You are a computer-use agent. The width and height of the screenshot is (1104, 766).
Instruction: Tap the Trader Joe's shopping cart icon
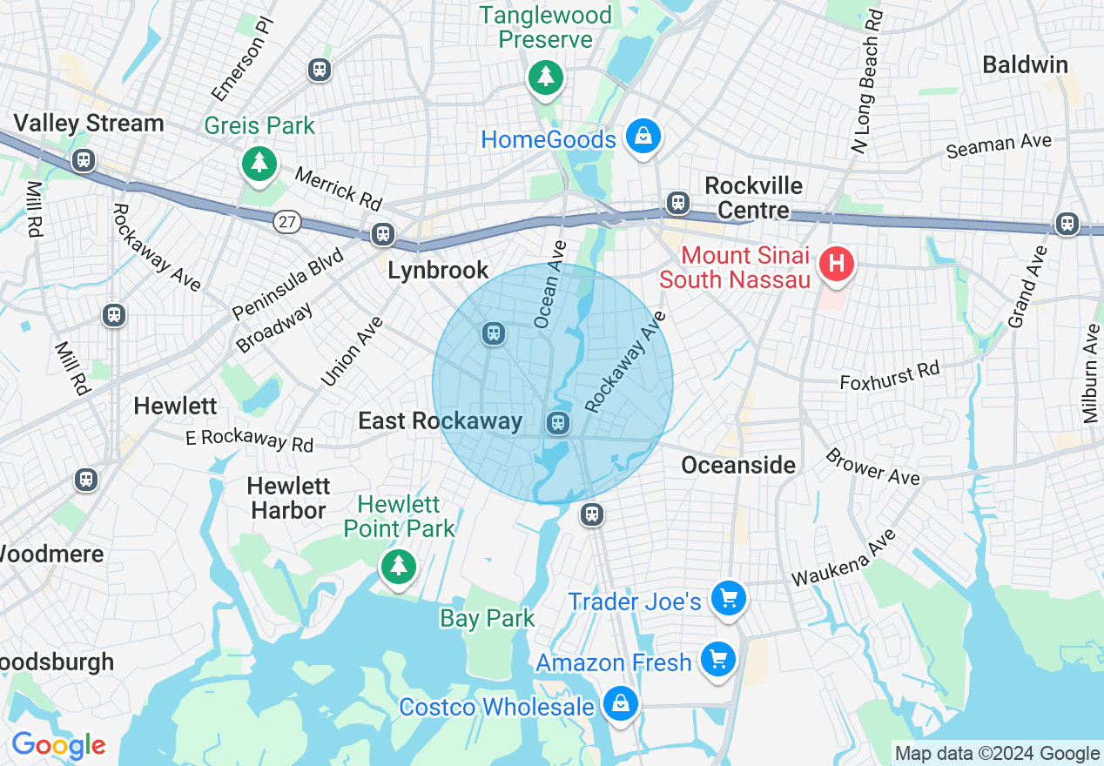click(729, 598)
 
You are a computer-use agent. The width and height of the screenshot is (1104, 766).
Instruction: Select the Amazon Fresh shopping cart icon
click(718, 660)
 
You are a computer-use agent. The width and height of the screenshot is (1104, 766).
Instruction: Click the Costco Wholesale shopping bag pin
click(621, 702)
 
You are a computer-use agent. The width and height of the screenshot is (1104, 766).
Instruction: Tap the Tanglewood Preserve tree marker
click(545, 77)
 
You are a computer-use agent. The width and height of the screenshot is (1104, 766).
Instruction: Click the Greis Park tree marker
click(259, 162)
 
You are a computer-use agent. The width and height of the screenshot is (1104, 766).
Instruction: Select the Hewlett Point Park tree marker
click(399, 567)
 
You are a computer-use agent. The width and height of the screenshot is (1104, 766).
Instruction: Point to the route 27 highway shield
click(286, 222)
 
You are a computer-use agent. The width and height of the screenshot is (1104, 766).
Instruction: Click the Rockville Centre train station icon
click(677, 203)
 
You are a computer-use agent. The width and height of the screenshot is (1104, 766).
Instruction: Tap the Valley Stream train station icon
click(84, 160)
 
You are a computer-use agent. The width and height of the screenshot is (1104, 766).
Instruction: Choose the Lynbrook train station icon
click(382, 233)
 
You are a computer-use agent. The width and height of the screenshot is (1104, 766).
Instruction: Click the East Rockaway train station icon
click(557, 424)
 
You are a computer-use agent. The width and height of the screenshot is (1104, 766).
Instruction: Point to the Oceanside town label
click(738, 465)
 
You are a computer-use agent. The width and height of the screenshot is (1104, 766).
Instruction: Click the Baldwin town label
click(1025, 64)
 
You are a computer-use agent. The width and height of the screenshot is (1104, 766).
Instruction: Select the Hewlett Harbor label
click(287, 498)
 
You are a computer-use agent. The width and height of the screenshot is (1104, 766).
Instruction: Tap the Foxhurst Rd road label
click(890, 376)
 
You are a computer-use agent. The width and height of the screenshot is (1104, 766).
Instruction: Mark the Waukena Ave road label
click(843, 558)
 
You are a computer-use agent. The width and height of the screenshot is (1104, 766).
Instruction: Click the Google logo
click(58, 745)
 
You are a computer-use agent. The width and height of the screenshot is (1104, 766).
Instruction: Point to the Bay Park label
click(488, 618)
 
